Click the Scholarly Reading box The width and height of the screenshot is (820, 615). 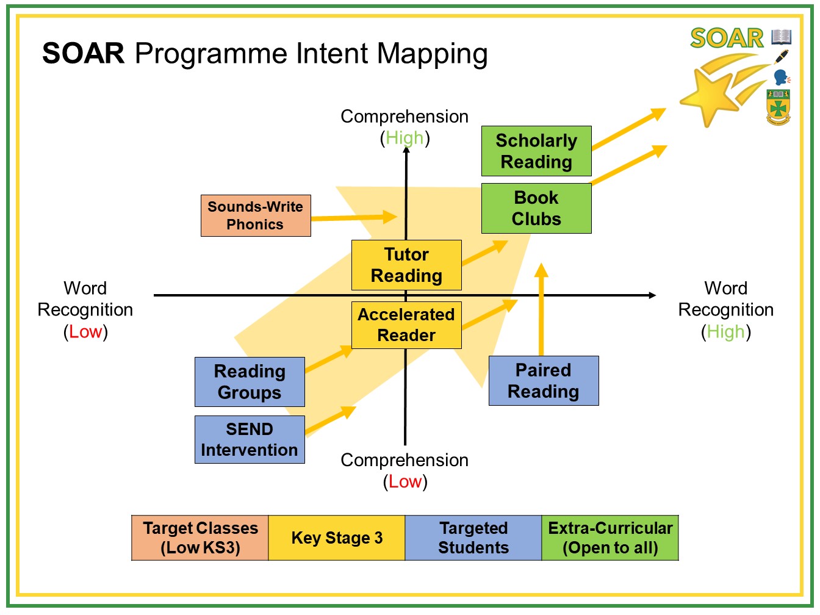click(x=536, y=151)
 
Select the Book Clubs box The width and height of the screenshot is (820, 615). click(x=536, y=208)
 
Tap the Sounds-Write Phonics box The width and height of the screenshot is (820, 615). click(x=256, y=215)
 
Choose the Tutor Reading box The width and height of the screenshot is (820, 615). click(x=406, y=265)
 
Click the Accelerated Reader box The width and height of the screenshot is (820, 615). click(x=406, y=325)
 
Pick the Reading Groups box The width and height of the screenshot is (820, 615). click(x=250, y=381)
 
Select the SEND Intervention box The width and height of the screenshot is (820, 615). click(x=250, y=439)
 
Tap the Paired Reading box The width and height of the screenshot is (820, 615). click(x=544, y=381)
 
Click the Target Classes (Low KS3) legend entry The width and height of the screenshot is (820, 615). click(x=200, y=538)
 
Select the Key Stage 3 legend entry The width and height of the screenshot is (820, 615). click(x=337, y=538)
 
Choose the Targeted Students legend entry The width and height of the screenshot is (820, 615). click(x=473, y=538)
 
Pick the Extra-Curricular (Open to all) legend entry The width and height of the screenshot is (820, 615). click(x=610, y=538)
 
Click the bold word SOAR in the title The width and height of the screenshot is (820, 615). click(x=83, y=53)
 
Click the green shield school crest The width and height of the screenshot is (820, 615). click(x=778, y=107)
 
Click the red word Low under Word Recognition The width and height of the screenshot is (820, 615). click(x=85, y=331)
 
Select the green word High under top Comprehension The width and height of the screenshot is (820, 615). click(x=405, y=138)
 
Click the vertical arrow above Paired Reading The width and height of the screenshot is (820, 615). click(x=541, y=309)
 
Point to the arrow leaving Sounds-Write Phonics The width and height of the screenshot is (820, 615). click(x=354, y=217)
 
